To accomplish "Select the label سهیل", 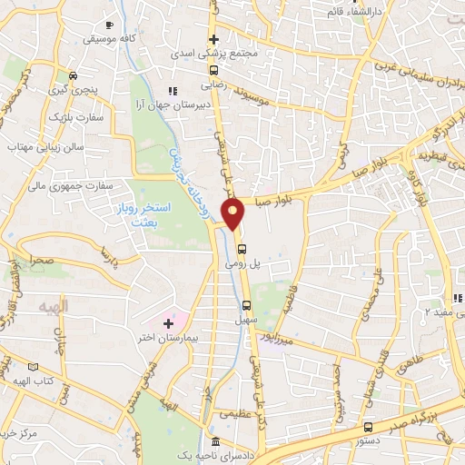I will coord(247,320).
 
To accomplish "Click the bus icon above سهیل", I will coord(247,306).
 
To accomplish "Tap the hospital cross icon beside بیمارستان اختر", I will coord(167,323).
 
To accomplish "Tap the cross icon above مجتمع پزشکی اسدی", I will coord(214,39).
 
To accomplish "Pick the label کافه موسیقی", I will coord(110,39).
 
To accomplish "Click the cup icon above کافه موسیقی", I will coord(110,25).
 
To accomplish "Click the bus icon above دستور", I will coord(368,426).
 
